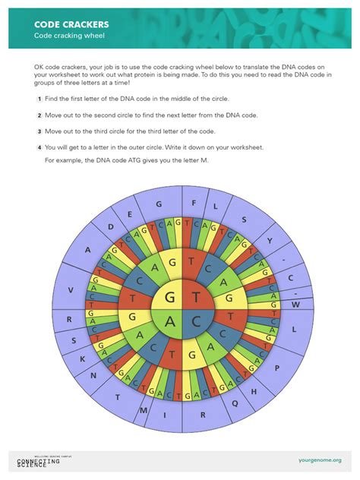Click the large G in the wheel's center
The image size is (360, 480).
tap(169, 297)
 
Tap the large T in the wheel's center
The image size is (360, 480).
tap(196, 297)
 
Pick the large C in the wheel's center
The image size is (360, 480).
tap(196, 322)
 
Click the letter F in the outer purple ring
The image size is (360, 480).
tap(194, 203)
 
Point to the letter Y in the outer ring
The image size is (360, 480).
tap(269, 238)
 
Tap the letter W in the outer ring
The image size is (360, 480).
tap(297, 305)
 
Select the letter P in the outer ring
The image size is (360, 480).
tap(277, 367)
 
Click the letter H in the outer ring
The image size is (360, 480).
tap(253, 391)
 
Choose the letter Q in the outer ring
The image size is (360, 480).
tap(235, 403)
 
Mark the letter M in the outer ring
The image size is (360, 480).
tap(142, 411)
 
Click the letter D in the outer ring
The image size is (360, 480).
tap(110, 226)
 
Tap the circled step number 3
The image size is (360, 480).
tap(39, 131)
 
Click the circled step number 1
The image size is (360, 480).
tap(39, 99)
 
